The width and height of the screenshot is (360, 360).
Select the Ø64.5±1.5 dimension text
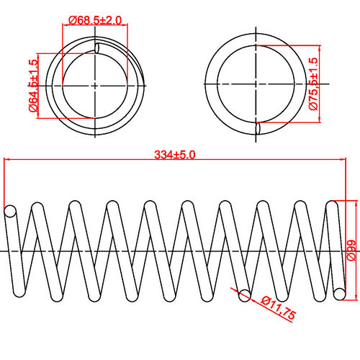click(33, 85)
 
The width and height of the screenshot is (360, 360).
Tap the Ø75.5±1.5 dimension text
click(312, 85)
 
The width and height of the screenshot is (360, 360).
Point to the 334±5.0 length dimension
click(176, 154)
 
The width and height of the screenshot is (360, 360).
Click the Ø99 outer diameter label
click(351, 250)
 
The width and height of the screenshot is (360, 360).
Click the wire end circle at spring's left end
click(10, 212)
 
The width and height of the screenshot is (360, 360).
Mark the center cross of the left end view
click(96, 85)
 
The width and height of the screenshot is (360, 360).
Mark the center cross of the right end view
click(257, 85)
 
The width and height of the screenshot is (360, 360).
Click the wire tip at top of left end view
click(97, 48)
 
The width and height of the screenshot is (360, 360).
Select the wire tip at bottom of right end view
click(258, 129)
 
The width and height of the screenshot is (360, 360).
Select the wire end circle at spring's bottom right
click(339, 292)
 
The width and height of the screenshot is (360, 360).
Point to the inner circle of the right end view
click(257, 85)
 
